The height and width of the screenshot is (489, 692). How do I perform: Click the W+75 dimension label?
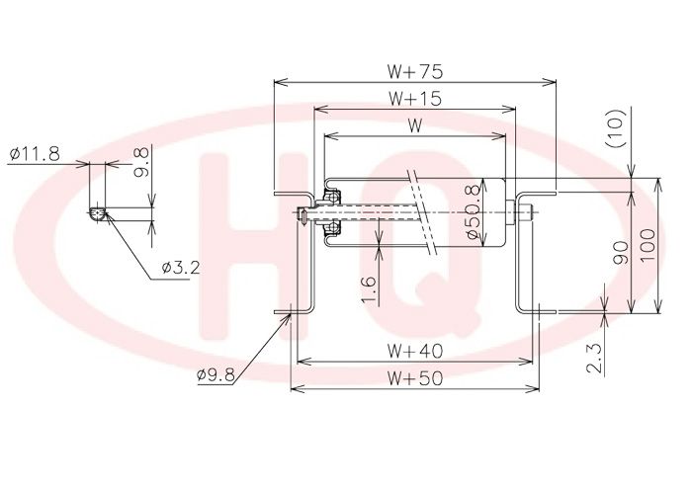click(415, 71)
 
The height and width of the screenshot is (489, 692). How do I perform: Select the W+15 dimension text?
click(415, 99)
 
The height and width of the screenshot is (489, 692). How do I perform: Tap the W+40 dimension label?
click(415, 351)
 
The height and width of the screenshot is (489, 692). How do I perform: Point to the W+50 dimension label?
click(415, 378)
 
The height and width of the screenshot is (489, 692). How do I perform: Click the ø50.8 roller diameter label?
click(473, 212)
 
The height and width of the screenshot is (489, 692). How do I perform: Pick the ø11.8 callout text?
click(35, 154)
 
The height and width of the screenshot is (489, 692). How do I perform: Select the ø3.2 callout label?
click(181, 267)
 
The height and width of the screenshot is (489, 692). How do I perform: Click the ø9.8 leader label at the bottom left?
click(216, 374)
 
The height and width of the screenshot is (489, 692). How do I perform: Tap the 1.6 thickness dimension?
click(369, 290)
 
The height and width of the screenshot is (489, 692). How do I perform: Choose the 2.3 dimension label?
click(595, 359)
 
